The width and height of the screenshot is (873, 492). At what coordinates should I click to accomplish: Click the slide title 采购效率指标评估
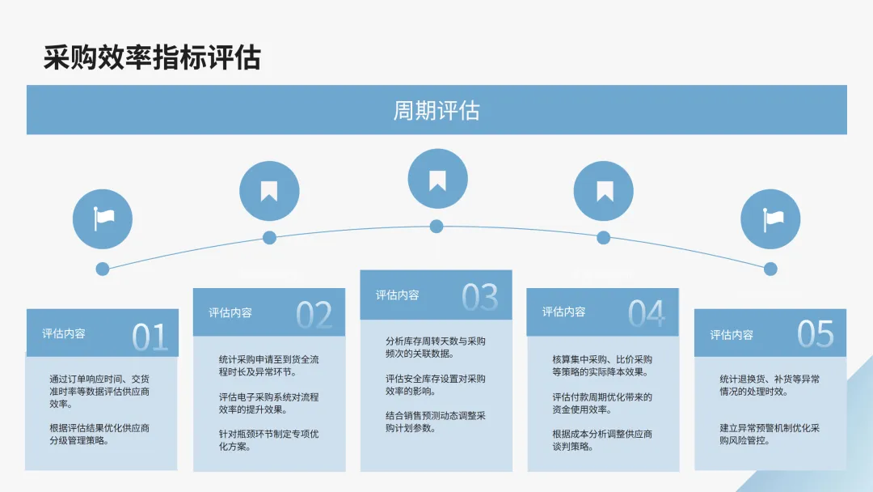[x=152, y=57]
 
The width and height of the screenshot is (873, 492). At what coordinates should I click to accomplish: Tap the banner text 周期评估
[x=436, y=110]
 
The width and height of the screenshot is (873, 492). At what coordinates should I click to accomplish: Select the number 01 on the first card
[x=150, y=337]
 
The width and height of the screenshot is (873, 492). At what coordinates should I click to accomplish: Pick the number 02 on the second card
[x=314, y=316]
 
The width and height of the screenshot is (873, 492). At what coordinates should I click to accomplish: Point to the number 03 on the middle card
[x=480, y=298]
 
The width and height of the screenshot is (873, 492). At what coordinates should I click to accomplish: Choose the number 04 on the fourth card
[x=647, y=314]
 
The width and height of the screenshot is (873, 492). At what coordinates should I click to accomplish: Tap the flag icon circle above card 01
[x=103, y=218]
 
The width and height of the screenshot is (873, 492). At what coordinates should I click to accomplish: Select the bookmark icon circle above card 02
[x=269, y=192]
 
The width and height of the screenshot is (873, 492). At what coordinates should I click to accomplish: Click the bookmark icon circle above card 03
[x=437, y=180]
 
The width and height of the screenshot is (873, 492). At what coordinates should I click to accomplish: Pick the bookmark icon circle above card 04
[x=604, y=192]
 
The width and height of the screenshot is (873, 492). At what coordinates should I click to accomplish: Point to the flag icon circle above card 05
[x=771, y=218]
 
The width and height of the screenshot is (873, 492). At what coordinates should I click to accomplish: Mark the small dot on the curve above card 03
[x=436, y=226]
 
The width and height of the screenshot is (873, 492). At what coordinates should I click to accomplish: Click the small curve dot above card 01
[x=103, y=269]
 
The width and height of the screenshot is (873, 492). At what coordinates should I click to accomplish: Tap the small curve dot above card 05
[x=770, y=269]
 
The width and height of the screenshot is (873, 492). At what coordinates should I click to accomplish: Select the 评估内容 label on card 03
[x=397, y=295]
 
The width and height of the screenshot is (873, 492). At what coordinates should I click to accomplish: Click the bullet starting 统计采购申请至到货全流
[x=269, y=366]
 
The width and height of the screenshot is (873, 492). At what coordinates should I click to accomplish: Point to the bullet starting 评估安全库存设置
[x=436, y=384]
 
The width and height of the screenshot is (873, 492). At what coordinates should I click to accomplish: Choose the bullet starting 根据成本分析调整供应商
[x=602, y=440]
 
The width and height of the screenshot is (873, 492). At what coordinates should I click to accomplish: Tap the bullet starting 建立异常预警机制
[x=770, y=434]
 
